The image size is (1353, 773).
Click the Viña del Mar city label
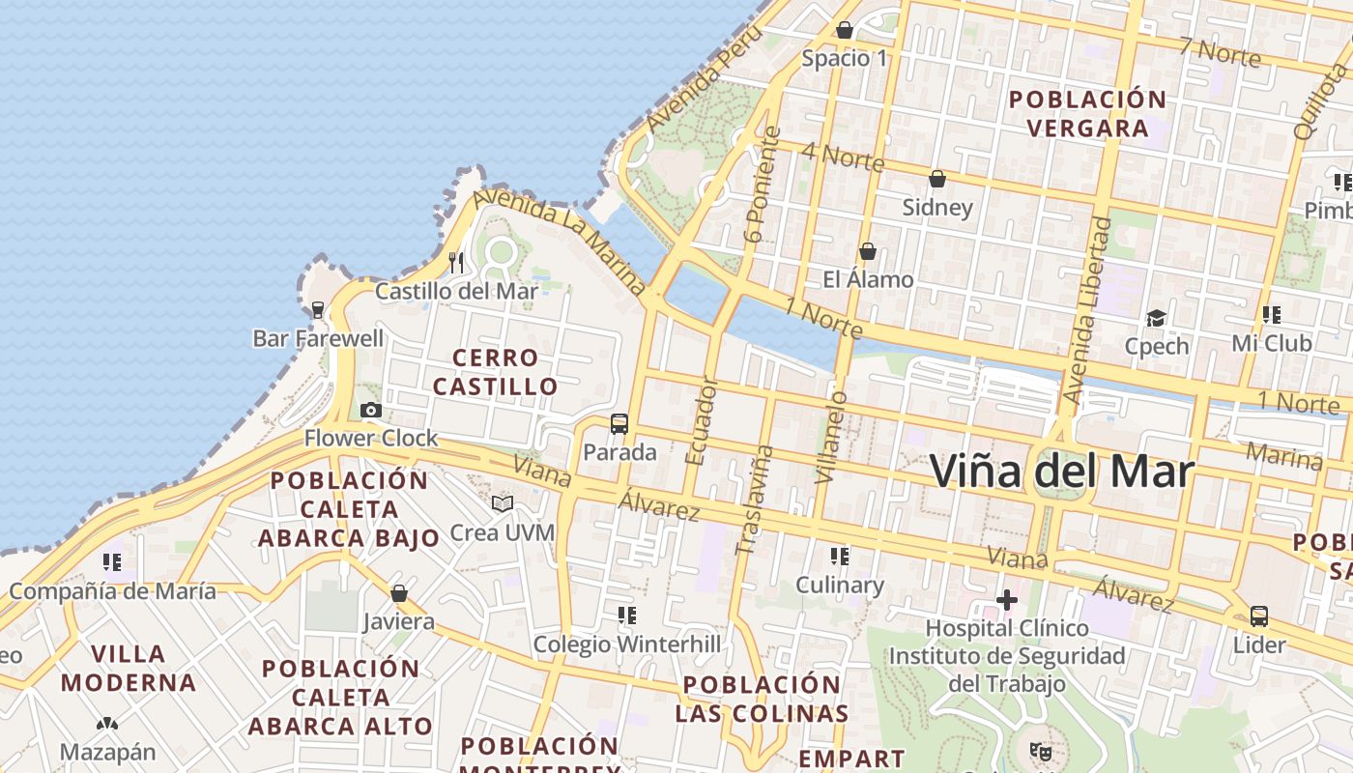point(1061,472)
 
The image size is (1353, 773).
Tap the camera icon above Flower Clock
point(370,411)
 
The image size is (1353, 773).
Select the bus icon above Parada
point(619,423)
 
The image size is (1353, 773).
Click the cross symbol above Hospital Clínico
point(1007,600)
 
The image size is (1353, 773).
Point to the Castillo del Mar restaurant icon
point(456,262)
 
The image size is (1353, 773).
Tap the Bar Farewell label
point(318,339)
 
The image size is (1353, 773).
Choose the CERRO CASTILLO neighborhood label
point(495,372)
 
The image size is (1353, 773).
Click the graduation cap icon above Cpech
point(1156,318)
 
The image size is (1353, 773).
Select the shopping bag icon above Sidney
point(936,179)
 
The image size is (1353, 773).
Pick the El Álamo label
point(868,280)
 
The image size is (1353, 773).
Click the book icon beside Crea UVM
point(502,503)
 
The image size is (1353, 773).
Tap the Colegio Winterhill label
point(627,644)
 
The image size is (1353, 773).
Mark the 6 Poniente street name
point(763,184)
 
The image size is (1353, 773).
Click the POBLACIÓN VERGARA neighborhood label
point(1087,113)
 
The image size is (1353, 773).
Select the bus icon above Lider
point(1258,616)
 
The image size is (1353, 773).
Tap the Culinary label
point(839,586)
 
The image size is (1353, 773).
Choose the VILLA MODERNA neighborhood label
point(129,669)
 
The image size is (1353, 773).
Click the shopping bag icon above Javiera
point(398,593)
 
